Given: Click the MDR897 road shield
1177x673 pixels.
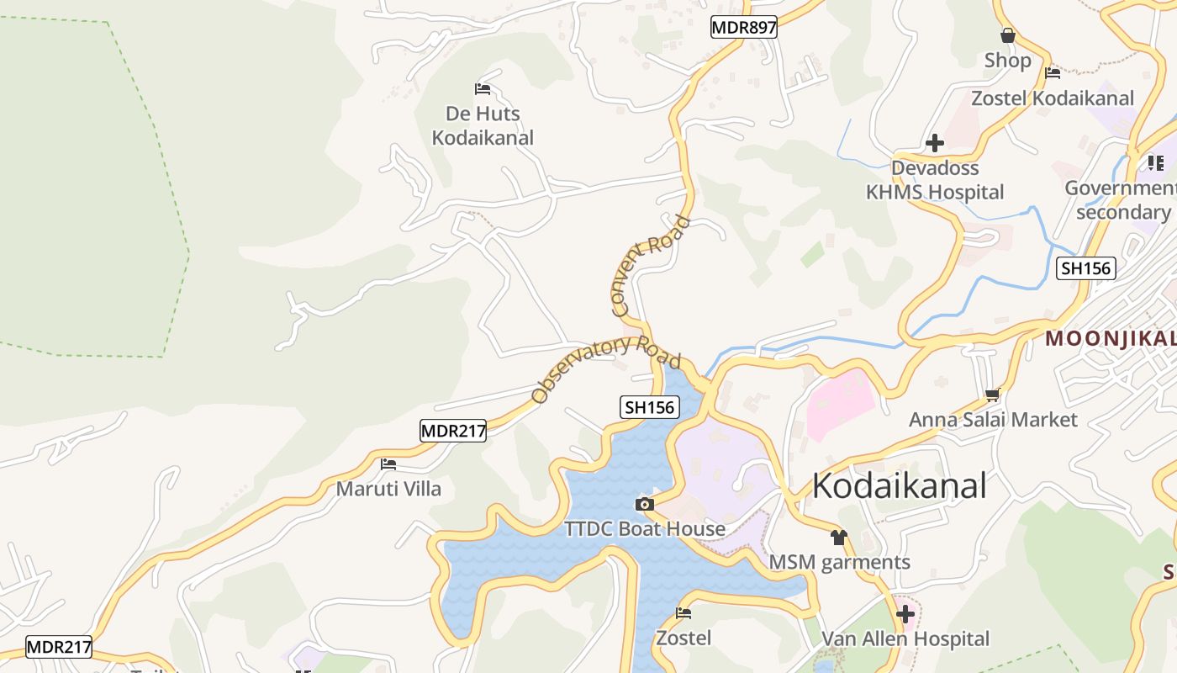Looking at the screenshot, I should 743,28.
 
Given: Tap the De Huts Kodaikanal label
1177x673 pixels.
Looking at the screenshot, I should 483,125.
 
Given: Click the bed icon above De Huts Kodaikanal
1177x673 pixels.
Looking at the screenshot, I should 483,88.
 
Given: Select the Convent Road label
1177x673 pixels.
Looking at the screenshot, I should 649,266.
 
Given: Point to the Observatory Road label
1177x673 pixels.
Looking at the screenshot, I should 605,368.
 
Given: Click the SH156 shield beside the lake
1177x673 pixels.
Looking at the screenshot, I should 650,408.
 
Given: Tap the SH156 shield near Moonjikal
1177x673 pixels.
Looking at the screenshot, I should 1086,268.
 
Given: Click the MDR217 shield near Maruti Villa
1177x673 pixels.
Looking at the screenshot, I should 453,431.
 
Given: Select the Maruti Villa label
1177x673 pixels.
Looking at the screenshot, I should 388,489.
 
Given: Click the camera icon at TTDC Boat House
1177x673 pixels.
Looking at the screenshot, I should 645,504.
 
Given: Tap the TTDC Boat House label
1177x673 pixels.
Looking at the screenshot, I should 645,529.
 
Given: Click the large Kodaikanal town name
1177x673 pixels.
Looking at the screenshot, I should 900,486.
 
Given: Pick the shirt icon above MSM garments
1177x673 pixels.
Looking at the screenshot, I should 838,537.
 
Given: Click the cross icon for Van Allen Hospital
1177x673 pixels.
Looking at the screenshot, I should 905,614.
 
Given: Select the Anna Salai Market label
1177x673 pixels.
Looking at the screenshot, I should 992,419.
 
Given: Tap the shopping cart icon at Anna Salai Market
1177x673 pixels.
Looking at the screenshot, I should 993,394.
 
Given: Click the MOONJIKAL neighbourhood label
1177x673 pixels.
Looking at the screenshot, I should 1110,339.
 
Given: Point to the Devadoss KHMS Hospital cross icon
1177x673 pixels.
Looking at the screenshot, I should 934,143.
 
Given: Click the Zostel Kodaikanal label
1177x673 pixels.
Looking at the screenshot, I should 1053,98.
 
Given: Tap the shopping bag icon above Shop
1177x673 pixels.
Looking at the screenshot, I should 1007,35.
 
